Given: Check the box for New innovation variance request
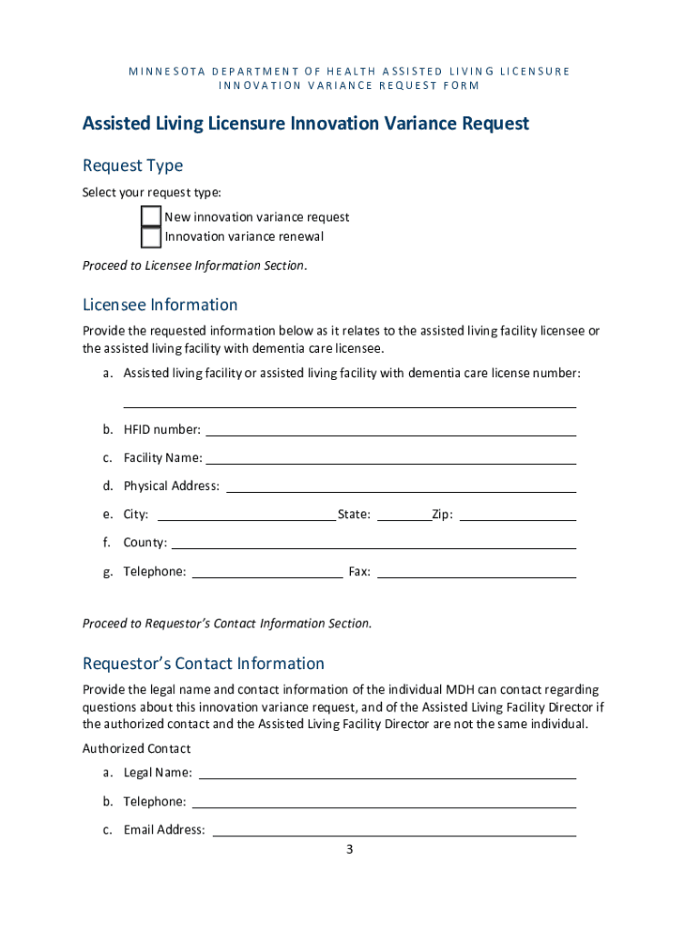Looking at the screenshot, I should click(151, 216).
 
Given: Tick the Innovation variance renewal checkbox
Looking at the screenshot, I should click(151, 236).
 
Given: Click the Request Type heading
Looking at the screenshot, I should click(133, 165).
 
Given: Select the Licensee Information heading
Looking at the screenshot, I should click(160, 305).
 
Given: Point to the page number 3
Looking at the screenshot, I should click(348, 850).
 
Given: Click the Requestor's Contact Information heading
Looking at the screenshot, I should click(204, 664).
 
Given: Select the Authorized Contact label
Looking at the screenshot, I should click(136, 748).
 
